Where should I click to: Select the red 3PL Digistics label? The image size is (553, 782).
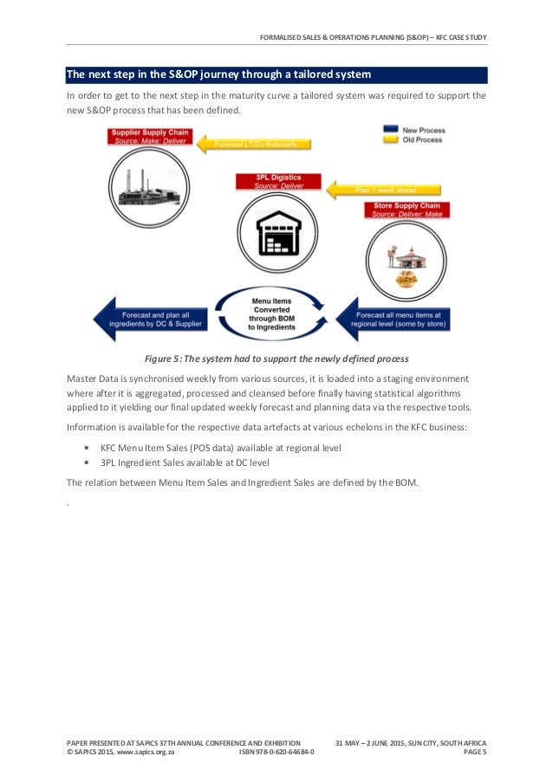[278, 182]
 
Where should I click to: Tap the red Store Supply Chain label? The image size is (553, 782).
[403, 209]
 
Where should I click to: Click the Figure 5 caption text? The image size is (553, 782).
[276, 359]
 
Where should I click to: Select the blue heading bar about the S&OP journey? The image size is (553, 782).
[276, 75]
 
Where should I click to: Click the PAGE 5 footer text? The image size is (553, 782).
[475, 753]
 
